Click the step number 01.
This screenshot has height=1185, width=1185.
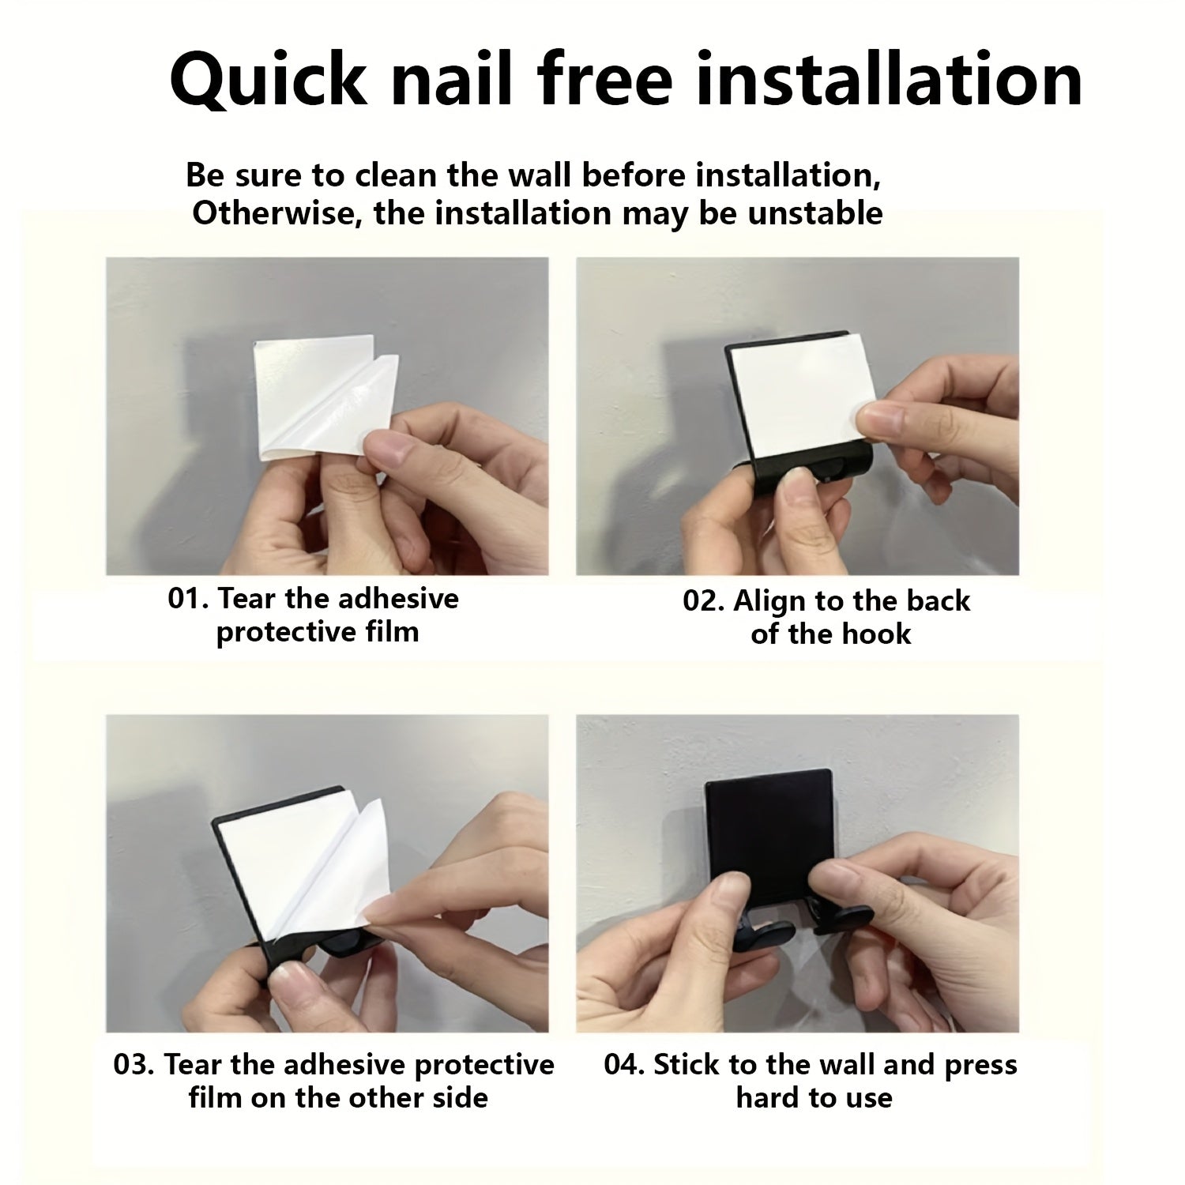click(x=186, y=598)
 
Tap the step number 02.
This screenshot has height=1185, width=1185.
click(x=703, y=601)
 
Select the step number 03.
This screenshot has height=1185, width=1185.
click(x=134, y=1064)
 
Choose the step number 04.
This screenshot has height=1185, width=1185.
click(x=624, y=1064)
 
